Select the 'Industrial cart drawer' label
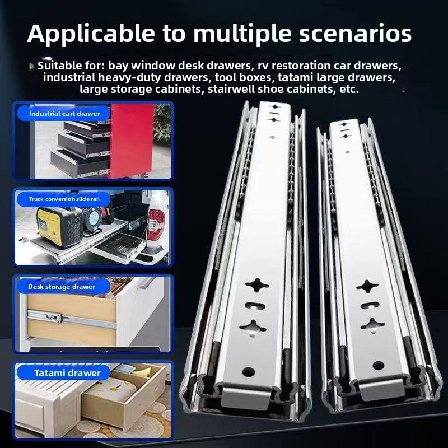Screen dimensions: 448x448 [64, 114]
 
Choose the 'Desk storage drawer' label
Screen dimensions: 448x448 [62, 287]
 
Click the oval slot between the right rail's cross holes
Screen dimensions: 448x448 [369, 306]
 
